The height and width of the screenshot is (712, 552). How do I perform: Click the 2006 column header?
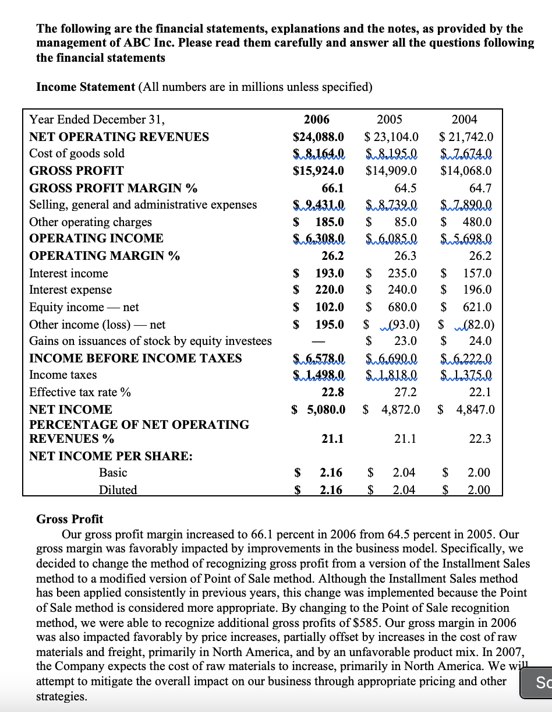[317, 119]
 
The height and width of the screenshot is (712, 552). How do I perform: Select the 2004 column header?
[464, 119]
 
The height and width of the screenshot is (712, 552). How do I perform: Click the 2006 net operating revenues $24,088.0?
[318, 137]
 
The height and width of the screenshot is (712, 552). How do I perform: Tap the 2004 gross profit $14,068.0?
[466, 171]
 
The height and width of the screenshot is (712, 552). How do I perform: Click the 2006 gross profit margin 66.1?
[332, 188]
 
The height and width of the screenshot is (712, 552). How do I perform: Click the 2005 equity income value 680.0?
[402, 307]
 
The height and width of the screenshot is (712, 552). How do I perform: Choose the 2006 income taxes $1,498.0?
[318, 375]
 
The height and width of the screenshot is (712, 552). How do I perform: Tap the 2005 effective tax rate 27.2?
[405, 392]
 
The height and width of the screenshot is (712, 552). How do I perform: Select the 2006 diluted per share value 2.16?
[331, 490]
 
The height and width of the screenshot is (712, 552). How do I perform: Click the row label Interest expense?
[70, 290]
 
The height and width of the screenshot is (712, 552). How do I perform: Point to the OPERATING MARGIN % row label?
[104, 256]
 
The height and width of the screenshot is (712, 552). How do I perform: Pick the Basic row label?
[113, 473]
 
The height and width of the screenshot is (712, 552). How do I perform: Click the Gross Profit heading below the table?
[69, 519]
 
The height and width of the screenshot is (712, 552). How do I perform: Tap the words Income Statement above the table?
[86, 87]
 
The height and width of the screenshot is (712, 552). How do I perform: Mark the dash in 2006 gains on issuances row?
[318, 341]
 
